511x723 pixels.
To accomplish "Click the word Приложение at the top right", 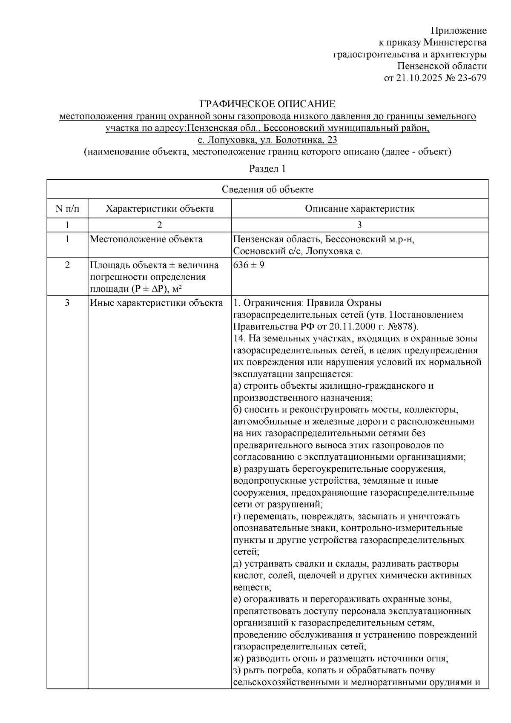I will [x=459, y=31].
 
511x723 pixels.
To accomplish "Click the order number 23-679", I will [x=473, y=78].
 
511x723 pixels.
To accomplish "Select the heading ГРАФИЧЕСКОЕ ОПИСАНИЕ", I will [x=268, y=104].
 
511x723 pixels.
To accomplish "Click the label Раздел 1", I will [x=267, y=169].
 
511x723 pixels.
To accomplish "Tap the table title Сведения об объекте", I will [x=267, y=189].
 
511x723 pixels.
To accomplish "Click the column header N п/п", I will [x=67, y=209].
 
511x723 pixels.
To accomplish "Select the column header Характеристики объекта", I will [x=160, y=209].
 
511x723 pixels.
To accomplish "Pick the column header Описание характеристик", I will [x=360, y=209].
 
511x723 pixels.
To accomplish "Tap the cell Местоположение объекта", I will [x=146, y=239].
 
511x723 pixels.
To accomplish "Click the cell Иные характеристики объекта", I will [x=156, y=303].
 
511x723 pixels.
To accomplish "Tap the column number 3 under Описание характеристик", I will [x=360, y=225].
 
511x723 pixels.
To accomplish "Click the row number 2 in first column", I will [x=67, y=265].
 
